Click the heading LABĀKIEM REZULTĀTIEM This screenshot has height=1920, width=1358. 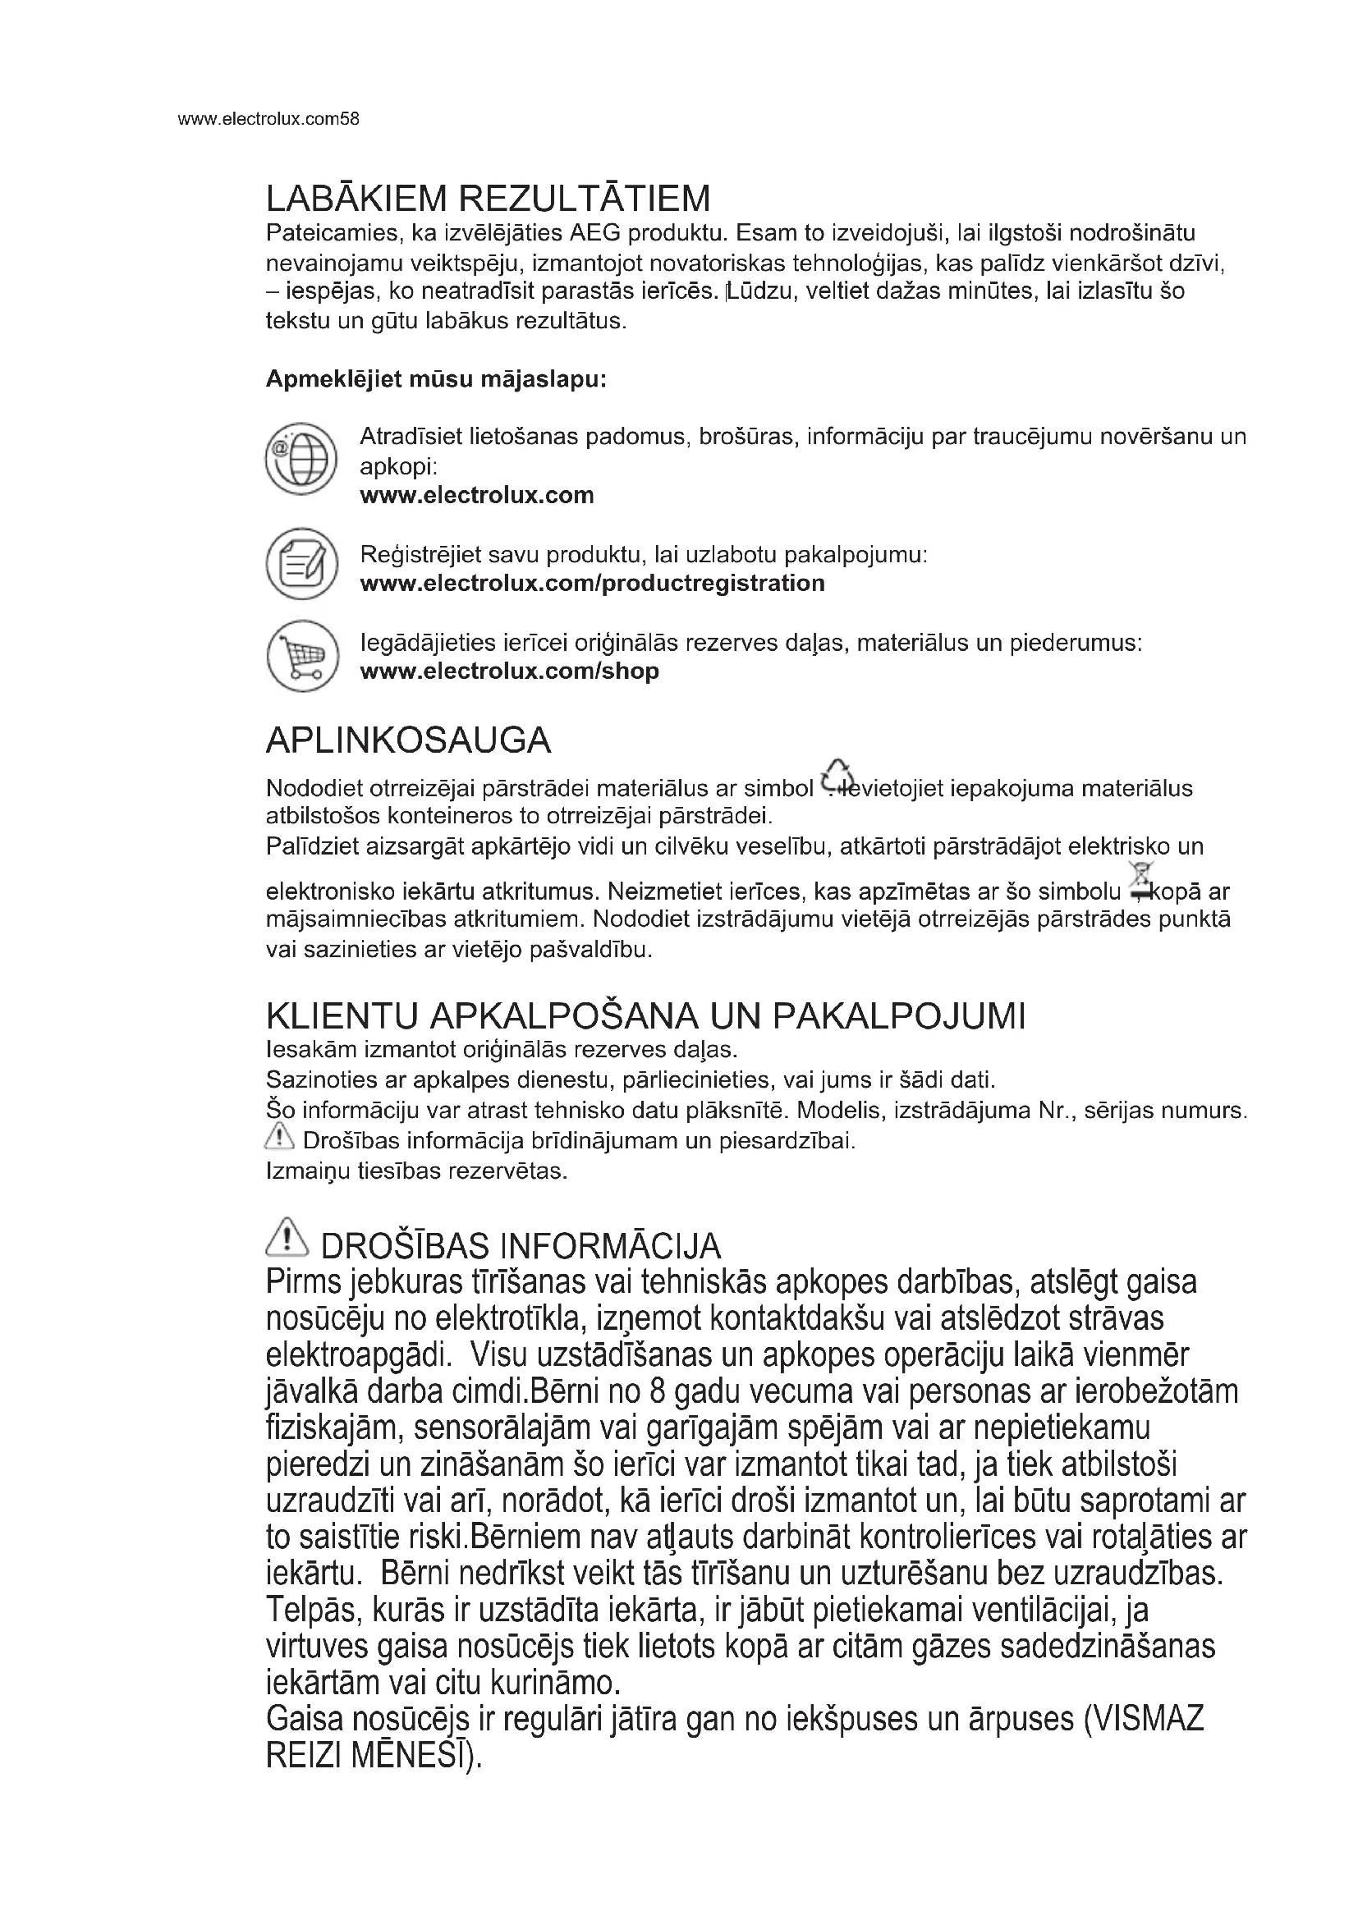[x=488, y=199]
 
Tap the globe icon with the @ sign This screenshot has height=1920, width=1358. [x=301, y=458]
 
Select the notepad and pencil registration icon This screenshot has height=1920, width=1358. [x=301, y=564]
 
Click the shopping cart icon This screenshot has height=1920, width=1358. [x=301, y=656]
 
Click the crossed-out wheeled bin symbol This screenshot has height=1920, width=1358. [x=1140, y=881]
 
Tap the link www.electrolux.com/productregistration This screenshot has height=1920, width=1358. [x=592, y=583]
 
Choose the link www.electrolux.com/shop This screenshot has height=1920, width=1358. [x=509, y=671]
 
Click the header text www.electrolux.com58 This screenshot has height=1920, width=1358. [x=268, y=119]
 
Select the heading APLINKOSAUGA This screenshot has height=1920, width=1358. [x=408, y=740]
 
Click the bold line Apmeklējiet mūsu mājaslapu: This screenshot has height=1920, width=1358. [x=436, y=380]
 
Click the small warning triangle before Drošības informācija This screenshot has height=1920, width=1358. [x=278, y=1136]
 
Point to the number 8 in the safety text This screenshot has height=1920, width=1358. [x=657, y=1391]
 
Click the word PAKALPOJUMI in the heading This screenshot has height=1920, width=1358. [x=899, y=1016]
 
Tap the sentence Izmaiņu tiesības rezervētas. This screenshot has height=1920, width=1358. [x=416, y=1171]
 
